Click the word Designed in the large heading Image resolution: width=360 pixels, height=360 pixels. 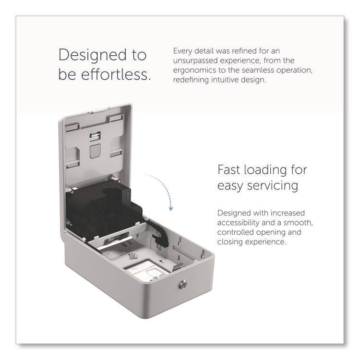93,55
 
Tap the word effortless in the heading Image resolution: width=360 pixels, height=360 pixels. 116,74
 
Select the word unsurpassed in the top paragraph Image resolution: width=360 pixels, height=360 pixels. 195,60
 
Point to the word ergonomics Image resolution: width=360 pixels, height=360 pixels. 195,70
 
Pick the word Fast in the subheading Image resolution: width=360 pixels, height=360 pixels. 228,170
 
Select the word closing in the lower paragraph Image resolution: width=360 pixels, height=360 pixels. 230,242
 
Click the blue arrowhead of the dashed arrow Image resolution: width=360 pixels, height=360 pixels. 170,208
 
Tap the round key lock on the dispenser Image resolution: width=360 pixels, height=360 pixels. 182,285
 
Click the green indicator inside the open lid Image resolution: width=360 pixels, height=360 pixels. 95,135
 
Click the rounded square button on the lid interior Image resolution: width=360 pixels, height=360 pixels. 95,151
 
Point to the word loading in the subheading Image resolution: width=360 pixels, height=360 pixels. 265,170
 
